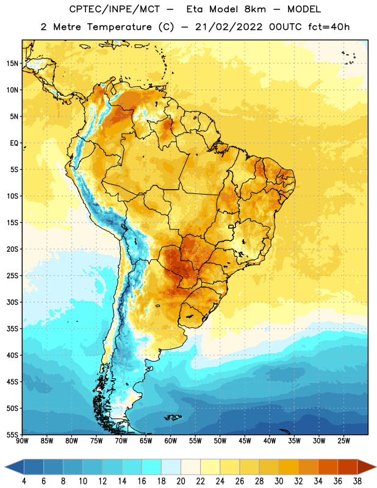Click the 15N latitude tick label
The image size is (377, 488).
click(x=12, y=63)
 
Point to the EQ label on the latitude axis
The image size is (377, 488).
click(x=14, y=143)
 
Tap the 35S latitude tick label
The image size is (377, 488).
click(x=12, y=329)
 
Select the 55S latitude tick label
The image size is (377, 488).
click(x=12, y=435)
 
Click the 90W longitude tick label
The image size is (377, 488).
click(x=22, y=441)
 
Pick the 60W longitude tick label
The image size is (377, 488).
click(x=171, y=441)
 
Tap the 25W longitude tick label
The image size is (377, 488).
click(x=343, y=441)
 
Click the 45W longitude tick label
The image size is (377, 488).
click(x=245, y=441)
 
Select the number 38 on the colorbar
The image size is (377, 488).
click(x=357, y=481)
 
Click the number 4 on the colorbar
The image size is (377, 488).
click(x=24, y=481)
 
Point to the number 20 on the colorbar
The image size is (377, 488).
click(x=181, y=481)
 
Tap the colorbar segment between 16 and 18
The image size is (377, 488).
click(x=152, y=467)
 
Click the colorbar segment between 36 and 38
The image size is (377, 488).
click(x=348, y=467)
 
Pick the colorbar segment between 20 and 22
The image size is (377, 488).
click(x=191, y=467)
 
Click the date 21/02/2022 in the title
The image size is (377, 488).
click(x=229, y=27)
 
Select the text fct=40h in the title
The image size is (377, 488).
click(x=329, y=27)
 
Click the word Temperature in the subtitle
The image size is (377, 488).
click(x=119, y=27)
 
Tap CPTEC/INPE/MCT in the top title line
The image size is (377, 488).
click(x=114, y=9)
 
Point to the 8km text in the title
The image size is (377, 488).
click(x=255, y=9)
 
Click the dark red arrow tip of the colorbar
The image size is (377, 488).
click(x=367, y=467)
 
